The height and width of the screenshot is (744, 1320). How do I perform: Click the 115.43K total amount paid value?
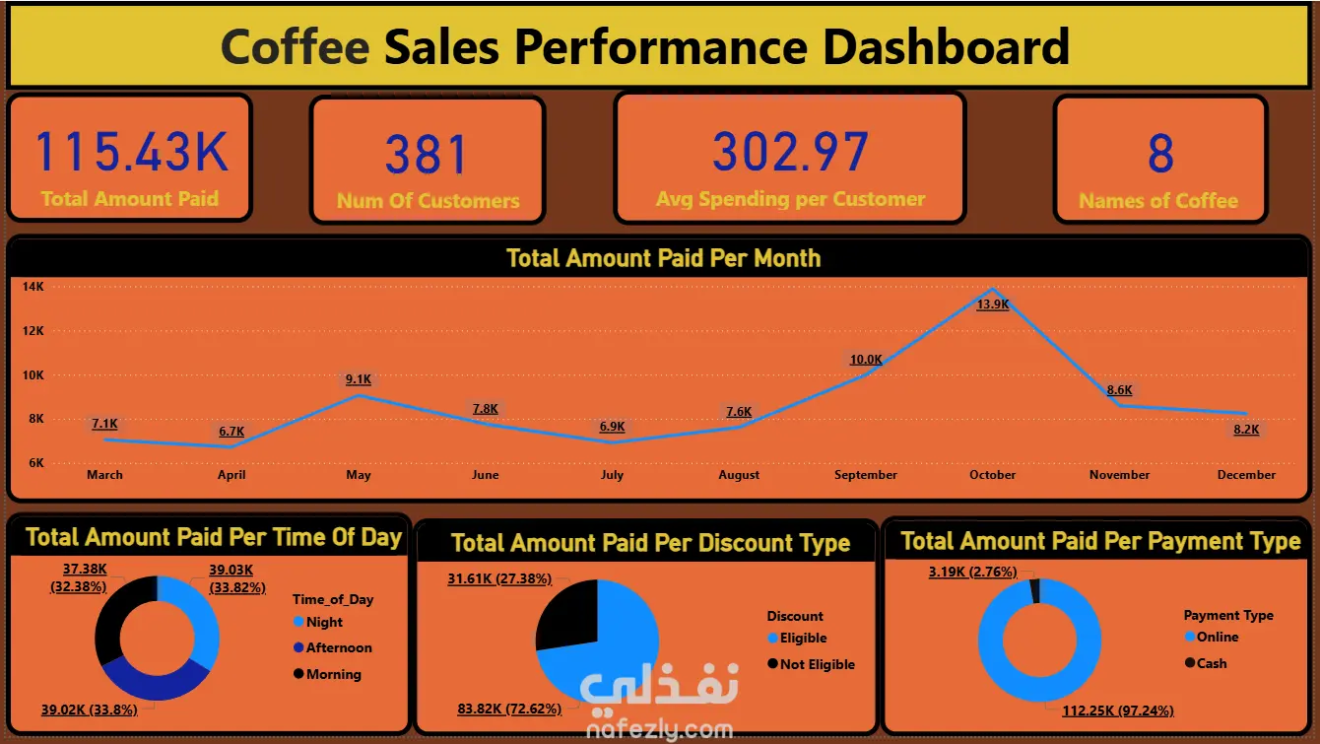(131, 151)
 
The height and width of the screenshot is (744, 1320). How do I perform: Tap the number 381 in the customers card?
(427, 155)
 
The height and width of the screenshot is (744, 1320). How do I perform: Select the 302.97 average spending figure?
(790, 152)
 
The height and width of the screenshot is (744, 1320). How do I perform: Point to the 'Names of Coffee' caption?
(1158, 201)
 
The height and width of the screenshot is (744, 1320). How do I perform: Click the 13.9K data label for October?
(992, 305)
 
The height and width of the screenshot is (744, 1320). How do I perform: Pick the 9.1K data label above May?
(359, 379)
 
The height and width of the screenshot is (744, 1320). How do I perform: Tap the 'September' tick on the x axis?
(865, 475)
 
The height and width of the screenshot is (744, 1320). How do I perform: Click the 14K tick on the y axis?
(33, 287)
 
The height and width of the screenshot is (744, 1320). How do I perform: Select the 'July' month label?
(612, 475)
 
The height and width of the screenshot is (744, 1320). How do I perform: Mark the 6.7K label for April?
(231, 432)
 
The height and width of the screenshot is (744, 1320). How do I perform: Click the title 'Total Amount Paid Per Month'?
(663, 258)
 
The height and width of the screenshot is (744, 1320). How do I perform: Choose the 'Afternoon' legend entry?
(338, 648)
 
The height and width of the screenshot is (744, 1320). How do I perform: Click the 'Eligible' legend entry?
(803, 639)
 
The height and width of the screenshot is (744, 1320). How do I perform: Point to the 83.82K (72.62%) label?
(509, 709)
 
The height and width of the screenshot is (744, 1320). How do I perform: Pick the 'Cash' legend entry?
(1212, 663)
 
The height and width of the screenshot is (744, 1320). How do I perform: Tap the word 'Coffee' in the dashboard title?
(295, 46)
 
